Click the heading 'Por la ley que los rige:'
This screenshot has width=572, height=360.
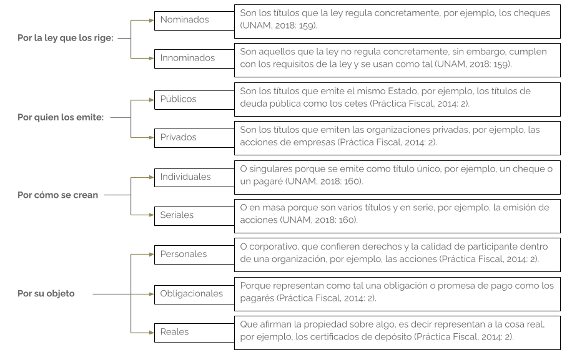pos(66,38)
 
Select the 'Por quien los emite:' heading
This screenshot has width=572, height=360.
pos(61,117)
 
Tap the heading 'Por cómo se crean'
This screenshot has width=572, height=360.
pos(57,195)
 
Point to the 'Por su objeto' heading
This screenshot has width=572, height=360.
pos(46,294)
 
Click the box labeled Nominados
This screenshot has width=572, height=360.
pos(194,21)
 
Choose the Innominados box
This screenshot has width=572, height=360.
pos(194,59)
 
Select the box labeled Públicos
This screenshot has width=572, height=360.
pos(194,100)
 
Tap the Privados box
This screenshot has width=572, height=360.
pos(194,138)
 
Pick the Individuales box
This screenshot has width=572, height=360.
pos(194,177)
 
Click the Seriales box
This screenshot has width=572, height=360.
pos(194,216)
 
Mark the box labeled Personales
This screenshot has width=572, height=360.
pos(194,255)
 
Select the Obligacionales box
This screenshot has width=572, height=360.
pos(194,294)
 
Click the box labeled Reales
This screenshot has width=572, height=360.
pos(194,333)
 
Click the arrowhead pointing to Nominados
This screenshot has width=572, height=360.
pos(152,21)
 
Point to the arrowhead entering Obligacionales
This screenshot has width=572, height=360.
pos(152,294)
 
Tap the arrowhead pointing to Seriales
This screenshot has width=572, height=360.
pos(152,215)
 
